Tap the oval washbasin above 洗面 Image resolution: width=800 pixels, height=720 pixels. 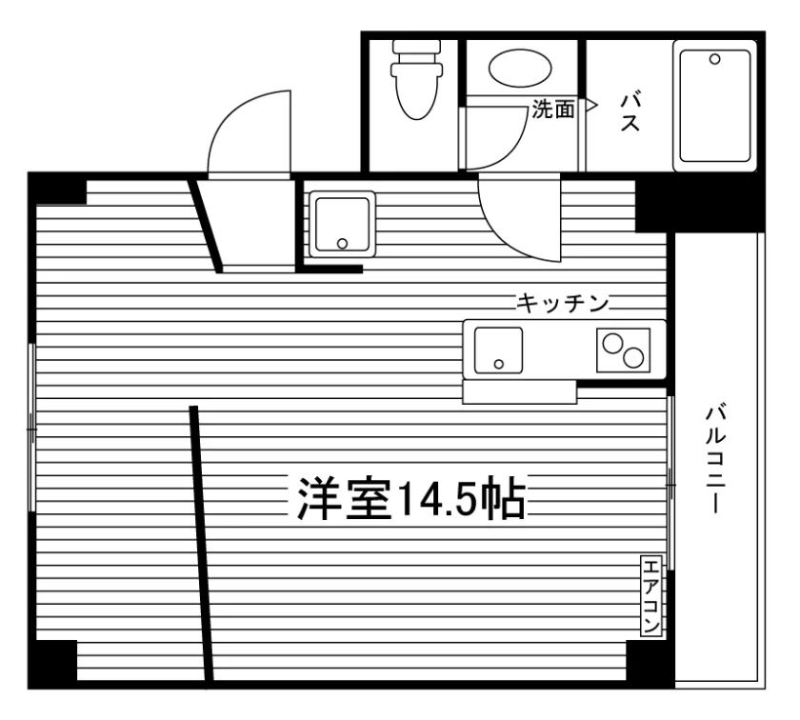[520, 68]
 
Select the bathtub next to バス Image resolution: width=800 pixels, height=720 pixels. [714, 106]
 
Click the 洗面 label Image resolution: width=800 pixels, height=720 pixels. [553, 109]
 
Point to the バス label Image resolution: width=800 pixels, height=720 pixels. [630, 112]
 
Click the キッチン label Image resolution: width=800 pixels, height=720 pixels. [562, 304]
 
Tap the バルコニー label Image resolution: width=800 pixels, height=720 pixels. [715, 458]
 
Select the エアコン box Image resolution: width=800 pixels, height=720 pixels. [651, 596]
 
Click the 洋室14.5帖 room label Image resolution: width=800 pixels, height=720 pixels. [410, 498]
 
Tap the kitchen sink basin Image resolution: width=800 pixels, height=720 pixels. [498, 350]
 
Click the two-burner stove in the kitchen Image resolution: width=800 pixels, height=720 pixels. [623, 350]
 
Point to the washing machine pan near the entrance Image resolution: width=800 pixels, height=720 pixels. [342, 224]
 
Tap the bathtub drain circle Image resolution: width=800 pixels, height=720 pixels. [715, 59]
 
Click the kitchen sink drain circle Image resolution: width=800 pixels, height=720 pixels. [499, 364]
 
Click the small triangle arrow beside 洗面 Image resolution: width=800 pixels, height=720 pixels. [591, 105]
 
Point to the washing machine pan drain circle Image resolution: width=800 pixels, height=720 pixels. [342, 244]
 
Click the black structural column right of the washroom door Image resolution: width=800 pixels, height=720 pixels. [700, 202]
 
